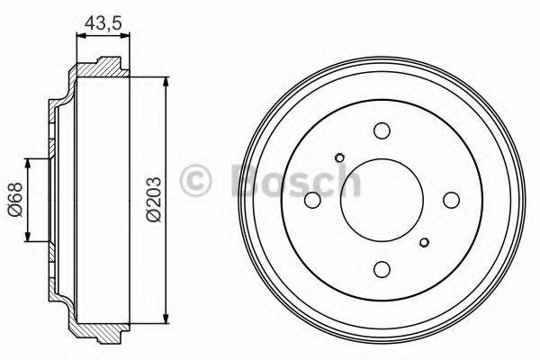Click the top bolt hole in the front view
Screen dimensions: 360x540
(381, 130)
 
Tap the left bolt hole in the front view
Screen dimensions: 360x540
(312, 200)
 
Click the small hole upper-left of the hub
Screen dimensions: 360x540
(338, 158)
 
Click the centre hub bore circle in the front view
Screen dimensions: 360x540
(381, 199)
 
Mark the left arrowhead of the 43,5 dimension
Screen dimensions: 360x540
(76, 36)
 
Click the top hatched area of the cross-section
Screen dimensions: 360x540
(103, 68)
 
